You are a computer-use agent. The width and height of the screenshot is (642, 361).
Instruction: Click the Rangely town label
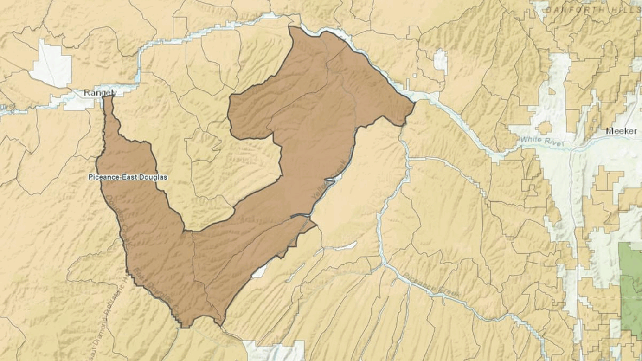100,93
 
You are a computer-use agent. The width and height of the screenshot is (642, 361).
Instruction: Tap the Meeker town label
620,131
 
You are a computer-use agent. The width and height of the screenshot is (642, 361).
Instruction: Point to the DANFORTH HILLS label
592,9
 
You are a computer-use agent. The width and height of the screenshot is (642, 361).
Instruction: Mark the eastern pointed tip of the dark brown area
414,104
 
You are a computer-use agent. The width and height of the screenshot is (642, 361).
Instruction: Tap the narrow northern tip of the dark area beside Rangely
107,100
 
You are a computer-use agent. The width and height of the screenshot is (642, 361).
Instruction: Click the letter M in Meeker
608,131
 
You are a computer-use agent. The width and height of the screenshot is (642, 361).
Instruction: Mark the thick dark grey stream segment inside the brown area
302,217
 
